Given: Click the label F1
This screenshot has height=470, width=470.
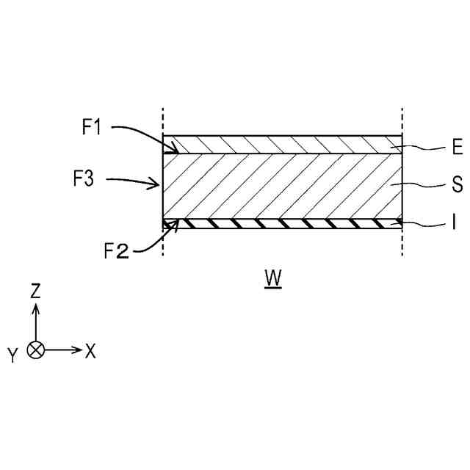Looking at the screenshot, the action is (x=92, y=128).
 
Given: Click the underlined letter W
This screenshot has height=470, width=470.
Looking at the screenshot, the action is (x=274, y=278).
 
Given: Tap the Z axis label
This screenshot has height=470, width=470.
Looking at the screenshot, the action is (x=35, y=291).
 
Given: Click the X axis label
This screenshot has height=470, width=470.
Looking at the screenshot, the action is (x=90, y=352).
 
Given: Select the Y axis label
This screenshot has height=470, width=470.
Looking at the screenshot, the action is (x=12, y=356).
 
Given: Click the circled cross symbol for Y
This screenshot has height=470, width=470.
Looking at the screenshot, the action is (x=35, y=350).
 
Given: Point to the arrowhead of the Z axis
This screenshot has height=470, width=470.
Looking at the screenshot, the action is (x=35, y=306).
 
